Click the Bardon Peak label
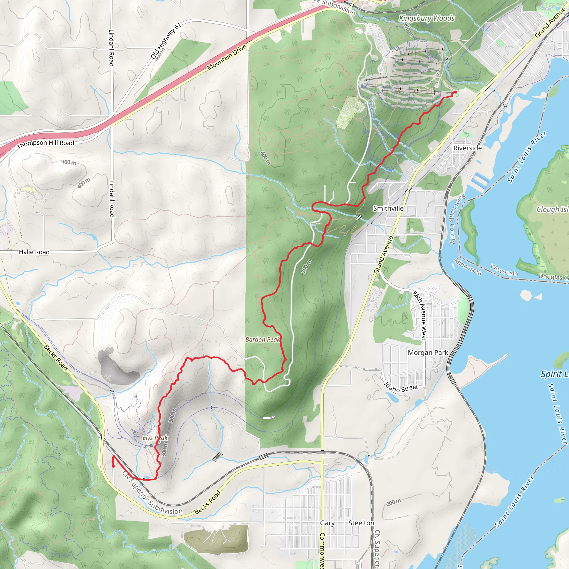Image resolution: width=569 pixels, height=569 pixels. pyautogui.click(x=262, y=340)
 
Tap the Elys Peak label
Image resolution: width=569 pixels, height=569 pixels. pyautogui.click(x=155, y=438)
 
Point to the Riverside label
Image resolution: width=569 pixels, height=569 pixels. pyautogui.click(x=467, y=148)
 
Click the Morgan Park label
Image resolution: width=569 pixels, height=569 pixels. pyautogui.click(x=428, y=353)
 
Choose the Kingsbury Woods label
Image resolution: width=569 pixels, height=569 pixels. pyautogui.click(x=426, y=18)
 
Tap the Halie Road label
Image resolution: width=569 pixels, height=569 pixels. pyautogui.click(x=34, y=252)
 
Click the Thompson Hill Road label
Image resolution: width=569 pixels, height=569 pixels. pyautogui.click(x=46, y=144)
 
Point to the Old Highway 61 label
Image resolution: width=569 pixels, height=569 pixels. pyautogui.click(x=166, y=41)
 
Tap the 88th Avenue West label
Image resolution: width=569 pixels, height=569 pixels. pyautogui.click(x=419, y=316)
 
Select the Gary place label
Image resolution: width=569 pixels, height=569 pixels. pyautogui.click(x=327, y=523)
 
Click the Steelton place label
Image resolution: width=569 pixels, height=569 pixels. pyautogui.click(x=361, y=523)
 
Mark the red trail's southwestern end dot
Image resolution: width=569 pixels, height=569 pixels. pyautogui.click(x=113, y=466)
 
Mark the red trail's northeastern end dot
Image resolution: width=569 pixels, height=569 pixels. pyautogui.click(x=456, y=93)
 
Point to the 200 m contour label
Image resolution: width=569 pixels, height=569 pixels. pyautogui.click(x=393, y=502)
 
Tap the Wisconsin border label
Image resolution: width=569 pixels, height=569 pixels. pyautogui.click(x=504, y=270)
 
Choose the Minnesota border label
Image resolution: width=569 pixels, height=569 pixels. pyautogui.click(x=468, y=267)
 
